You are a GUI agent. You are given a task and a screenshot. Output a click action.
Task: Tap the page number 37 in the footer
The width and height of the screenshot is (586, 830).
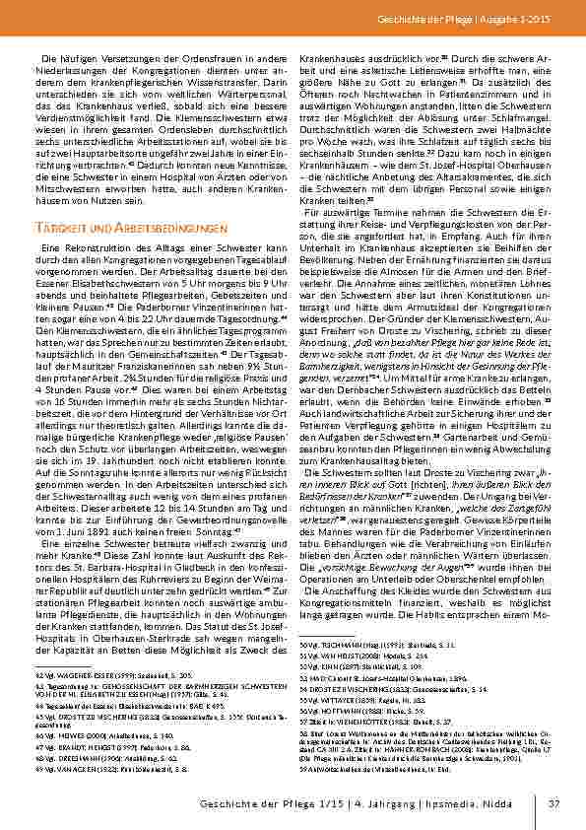tap(554, 803)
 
